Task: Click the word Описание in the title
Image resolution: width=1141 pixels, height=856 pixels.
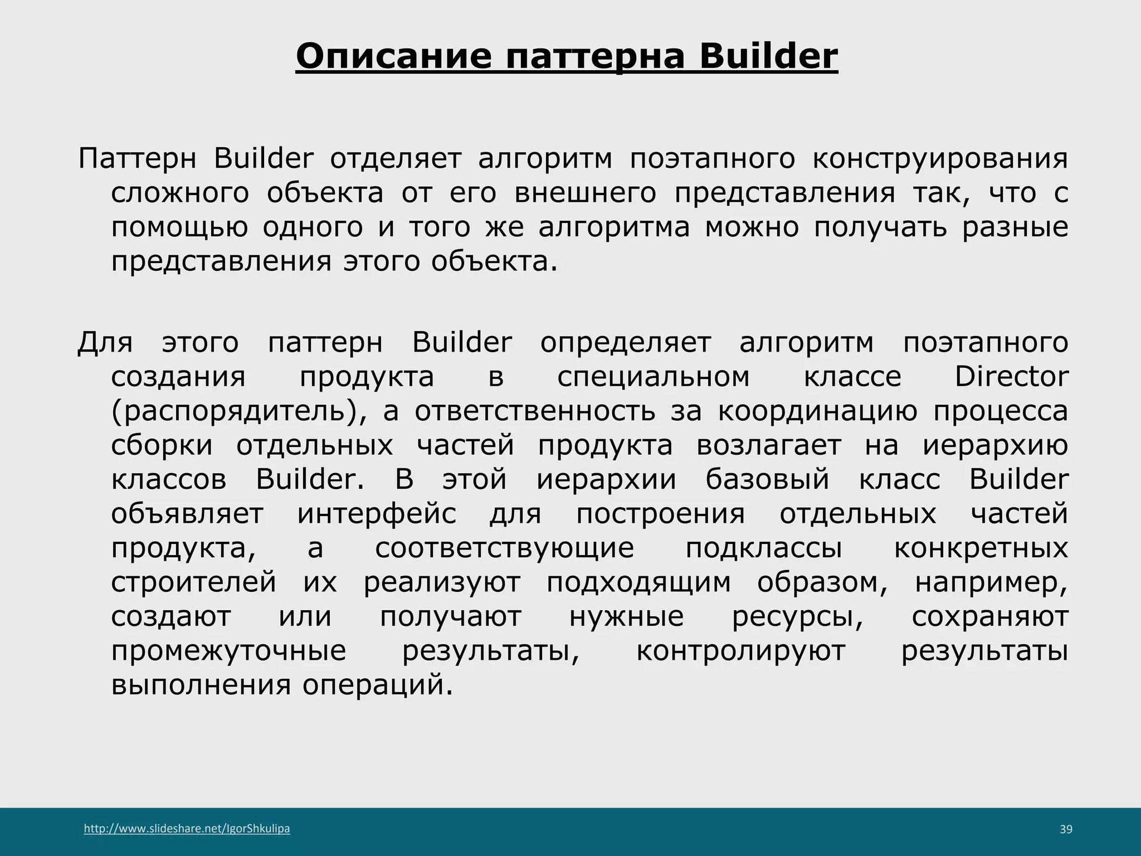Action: (393, 56)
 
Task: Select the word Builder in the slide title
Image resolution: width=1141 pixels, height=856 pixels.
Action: (768, 56)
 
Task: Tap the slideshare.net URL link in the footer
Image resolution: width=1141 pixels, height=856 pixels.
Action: (187, 829)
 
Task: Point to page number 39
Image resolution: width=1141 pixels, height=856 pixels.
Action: (1066, 830)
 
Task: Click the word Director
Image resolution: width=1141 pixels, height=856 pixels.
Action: (1011, 377)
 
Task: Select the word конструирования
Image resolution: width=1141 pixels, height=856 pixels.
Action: (940, 159)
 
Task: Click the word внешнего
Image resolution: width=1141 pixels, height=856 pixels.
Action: (585, 193)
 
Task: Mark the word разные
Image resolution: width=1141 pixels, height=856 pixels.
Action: (1015, 228)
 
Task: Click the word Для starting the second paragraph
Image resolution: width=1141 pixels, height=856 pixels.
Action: (105, 343)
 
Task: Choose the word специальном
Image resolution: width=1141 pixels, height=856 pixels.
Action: (654, 377)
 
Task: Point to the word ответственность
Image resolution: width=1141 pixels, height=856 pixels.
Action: (535, 412)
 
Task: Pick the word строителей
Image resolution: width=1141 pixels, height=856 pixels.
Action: (193, 583)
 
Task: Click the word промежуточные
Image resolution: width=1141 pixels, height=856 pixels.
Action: (228, 651)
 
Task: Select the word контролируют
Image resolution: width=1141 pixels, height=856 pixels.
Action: (740, 651)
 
